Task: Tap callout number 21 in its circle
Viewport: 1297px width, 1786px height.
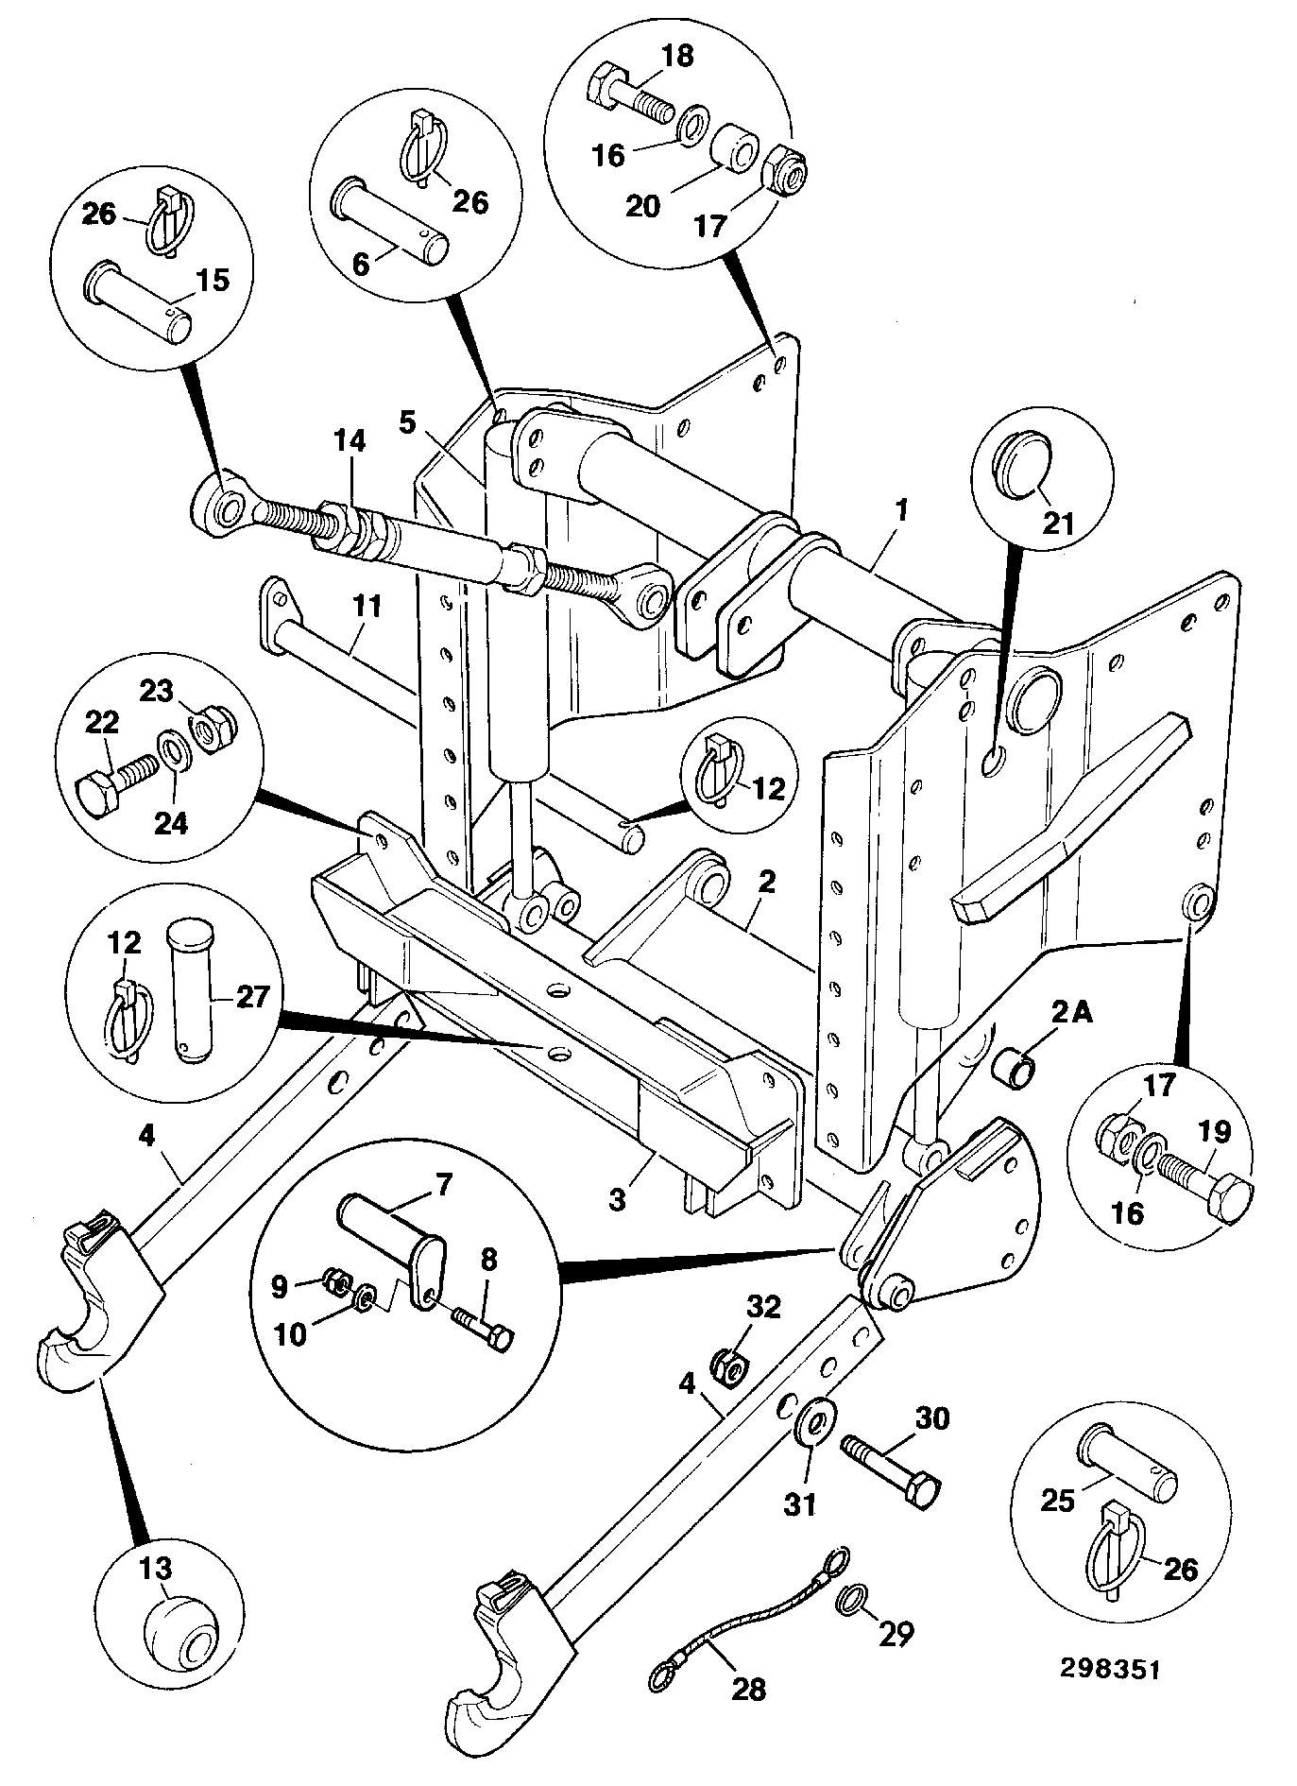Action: tap(1058, 522)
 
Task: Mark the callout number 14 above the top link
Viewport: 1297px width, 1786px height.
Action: tap(351, 441)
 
